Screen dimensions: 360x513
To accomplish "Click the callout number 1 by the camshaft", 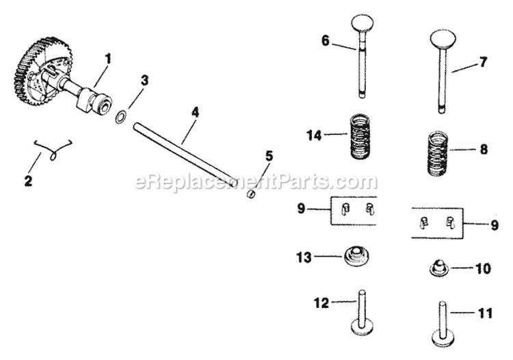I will point(107,58).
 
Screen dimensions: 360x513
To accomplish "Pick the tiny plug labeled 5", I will point(251,194).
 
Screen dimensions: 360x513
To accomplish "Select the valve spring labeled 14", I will point(360,136).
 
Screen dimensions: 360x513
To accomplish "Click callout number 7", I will point(483,62).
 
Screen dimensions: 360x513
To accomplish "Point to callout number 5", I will point(268,155).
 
